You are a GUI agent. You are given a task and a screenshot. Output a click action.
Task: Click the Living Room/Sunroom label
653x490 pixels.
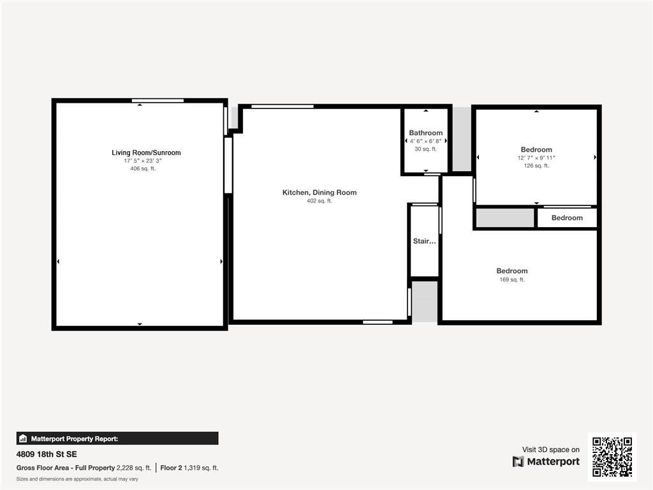click(x=146, y=152)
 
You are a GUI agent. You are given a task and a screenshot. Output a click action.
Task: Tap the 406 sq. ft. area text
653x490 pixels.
click(x=143, y=168)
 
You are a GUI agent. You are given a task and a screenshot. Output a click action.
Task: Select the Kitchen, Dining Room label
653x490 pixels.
click(x=319, y=193)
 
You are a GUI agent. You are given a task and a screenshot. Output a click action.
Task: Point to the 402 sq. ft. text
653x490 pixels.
click(x=319, y=201)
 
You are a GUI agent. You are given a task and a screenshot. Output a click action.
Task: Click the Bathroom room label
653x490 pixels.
click(x=425, y=133)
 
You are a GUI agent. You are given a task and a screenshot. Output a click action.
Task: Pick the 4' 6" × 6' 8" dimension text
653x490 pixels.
click(x=425, y=141)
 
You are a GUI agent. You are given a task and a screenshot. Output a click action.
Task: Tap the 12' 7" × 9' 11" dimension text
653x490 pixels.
click(x=536, y=158)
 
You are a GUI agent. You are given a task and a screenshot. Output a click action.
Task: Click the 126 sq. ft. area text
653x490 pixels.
click(x=536, y=166)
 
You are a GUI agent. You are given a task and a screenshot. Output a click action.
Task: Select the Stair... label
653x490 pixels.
click(x=424, y=241)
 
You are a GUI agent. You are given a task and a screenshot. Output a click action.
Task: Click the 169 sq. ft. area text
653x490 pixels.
click(x=512, y=279)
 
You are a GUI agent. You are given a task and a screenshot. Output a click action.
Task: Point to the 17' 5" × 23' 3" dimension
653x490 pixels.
click(x=143, y=161)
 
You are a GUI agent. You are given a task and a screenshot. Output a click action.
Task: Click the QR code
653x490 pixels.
click(x=612, y=457)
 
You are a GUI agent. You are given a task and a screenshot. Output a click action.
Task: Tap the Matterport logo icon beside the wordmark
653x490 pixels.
click(x=518, y=462)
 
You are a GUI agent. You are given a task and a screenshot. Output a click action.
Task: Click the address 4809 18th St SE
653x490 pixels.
click(x=47, y=454)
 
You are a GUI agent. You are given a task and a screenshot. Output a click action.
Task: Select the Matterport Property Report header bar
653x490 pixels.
click(x=117, y=438)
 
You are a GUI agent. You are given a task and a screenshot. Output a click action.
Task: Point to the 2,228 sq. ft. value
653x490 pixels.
click(x=134, y=468)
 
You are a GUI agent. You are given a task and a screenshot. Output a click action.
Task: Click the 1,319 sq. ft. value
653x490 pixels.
click(x=201, y=468)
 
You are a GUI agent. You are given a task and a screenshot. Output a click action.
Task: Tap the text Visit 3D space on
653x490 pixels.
click(x=551, y=450)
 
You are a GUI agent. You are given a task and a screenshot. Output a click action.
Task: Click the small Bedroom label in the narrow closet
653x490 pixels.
click(x=567, y=218)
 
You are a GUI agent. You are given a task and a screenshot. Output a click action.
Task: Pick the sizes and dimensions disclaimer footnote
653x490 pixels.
click(x=77, y=479)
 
